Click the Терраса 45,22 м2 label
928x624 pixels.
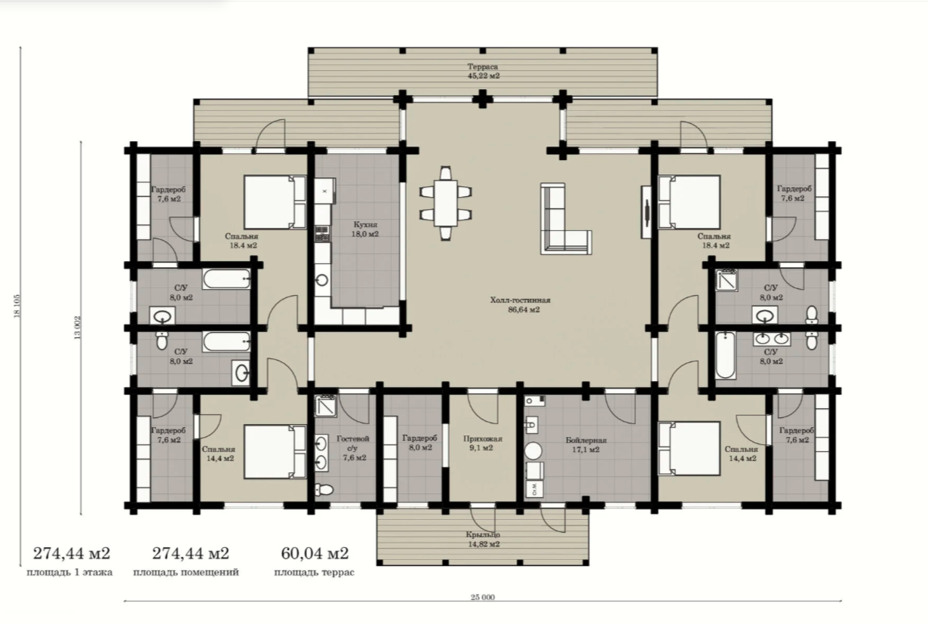[483, 71]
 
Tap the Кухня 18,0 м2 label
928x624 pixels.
[365, 229]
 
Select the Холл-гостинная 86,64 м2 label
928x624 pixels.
[521, 305]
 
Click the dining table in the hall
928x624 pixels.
[445, 203]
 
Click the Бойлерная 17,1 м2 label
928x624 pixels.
[585, 444]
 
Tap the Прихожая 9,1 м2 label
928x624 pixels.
[482, 443]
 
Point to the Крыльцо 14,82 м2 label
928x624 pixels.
[483, 539]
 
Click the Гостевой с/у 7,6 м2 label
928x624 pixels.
[353, 448]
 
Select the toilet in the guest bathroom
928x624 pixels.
[324, 490]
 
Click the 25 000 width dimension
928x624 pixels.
[483, 597]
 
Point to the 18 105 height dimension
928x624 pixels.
[17, 306]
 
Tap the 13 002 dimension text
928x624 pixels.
[78, 327]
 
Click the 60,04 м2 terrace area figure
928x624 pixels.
[315, 553]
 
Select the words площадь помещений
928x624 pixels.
[186, 573]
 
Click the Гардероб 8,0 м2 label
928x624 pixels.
[419, 442]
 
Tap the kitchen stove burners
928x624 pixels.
[322, 233]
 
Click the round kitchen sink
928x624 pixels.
[322, 280]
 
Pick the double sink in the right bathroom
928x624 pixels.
[772, 339]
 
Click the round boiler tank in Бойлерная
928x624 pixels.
[533, 450]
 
